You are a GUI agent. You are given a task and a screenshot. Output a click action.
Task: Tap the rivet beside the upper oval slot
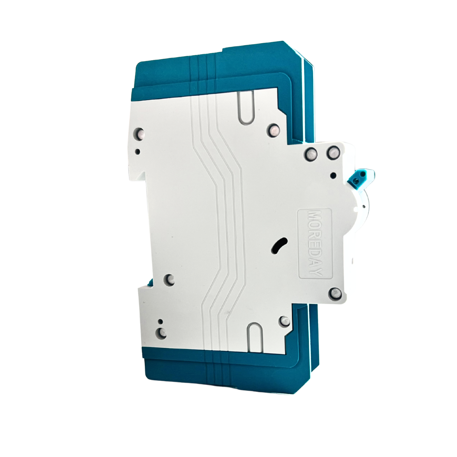(274, 129)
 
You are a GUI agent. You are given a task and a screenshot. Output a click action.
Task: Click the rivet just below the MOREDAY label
(336, 294)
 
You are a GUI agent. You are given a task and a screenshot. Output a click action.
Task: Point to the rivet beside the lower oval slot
(285, 321)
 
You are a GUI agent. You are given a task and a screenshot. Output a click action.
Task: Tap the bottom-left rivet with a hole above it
(162, 332)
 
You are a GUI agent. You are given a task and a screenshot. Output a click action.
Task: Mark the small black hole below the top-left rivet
(138, 152)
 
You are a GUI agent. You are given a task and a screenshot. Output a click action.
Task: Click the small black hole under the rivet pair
(334, 175)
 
